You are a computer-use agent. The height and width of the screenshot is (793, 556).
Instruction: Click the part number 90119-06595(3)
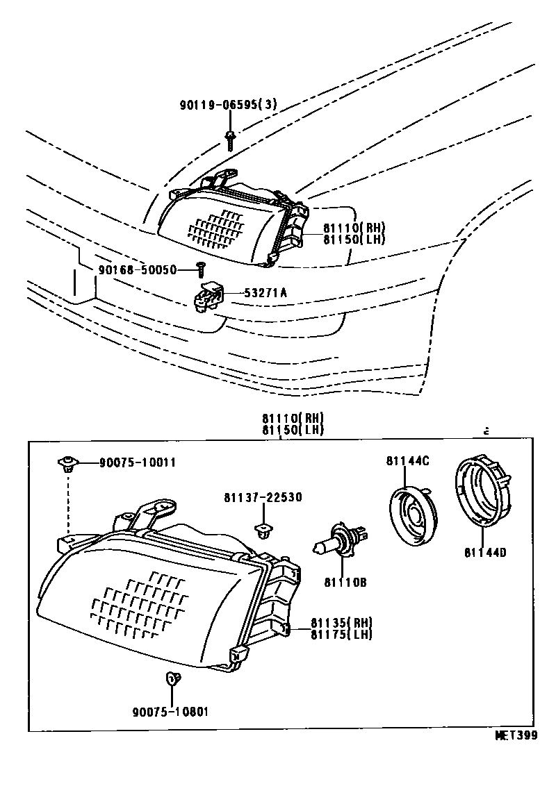[x=228, y=106]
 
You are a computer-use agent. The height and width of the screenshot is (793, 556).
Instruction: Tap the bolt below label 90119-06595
[x=229, y=139]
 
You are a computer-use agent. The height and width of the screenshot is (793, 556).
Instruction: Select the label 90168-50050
[x=138, y=269]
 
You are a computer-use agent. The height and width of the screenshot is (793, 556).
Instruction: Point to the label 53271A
[x=264, y=293]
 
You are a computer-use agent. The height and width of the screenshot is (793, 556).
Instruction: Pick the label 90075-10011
[x=137, y=462]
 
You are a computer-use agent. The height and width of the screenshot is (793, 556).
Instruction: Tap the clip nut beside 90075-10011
[x=67, y=463]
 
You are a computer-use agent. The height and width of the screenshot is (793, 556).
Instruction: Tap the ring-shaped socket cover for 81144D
[x=484, y=490]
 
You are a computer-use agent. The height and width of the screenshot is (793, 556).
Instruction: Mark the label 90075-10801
[x=170, y=711]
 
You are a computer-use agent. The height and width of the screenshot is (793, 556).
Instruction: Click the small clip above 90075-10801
[x=173, y=678]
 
